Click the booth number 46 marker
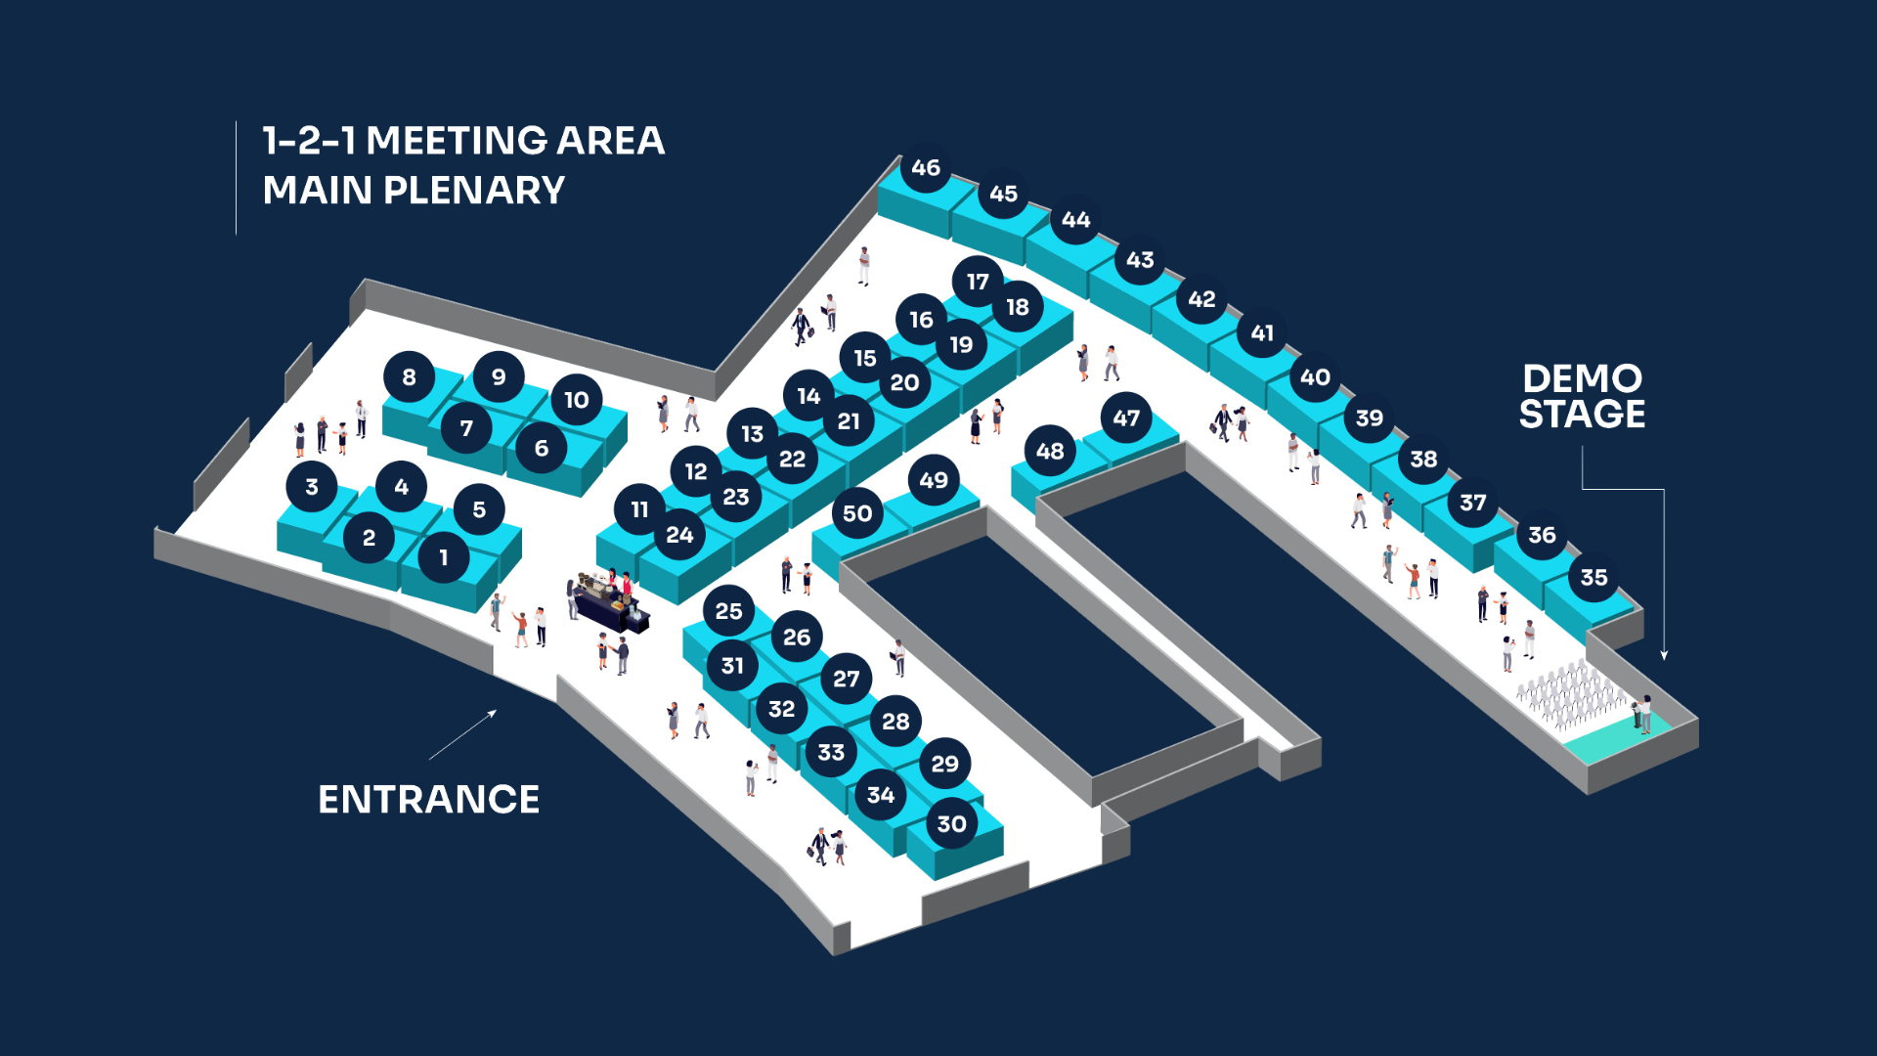click(x=925, y=168)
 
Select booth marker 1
click(x=443, y=557)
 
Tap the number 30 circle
click(x=951, y=824)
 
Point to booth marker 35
click(x=1593, y=578)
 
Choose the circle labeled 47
click(x=1126, y=418)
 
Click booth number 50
click(x=857, y=513)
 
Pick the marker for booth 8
click(x=409, y=377)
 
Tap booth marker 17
click(x=978, y=282)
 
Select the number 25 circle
click(x=728, y=611)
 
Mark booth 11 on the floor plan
click(x=639, y=509)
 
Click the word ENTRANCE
click(x=428, y=800)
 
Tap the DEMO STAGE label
click(x=1582, y=397)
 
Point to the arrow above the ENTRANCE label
click(x=462, y=734)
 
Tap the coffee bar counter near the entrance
click(x=608, y=606)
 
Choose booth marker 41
click(x=1262, y=333)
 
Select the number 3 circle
click(x=312, y=487)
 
